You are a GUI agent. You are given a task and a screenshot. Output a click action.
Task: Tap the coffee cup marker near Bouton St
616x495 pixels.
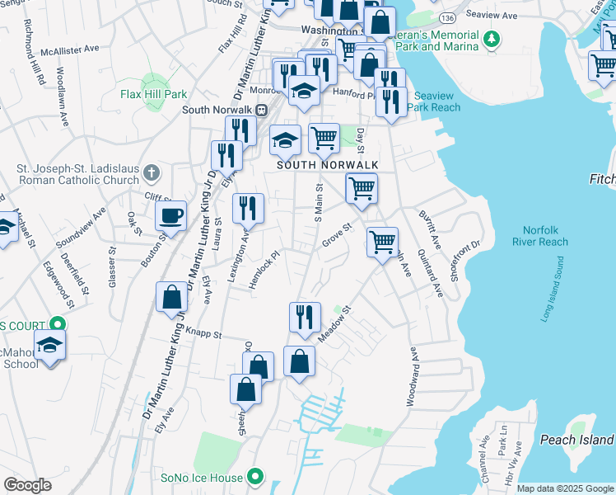coord(171,216)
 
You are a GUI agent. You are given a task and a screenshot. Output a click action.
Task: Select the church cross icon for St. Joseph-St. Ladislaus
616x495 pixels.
coord(150,172)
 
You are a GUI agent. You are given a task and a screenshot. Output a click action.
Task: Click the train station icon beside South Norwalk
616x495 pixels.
coord(261,109)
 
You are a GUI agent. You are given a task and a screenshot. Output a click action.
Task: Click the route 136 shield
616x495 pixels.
coord(447,17)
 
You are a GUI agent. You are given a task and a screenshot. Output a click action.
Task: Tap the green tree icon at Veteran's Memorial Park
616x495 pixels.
coord(491,38)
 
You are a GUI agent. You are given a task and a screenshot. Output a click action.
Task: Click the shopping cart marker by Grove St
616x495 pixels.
coord(382,243)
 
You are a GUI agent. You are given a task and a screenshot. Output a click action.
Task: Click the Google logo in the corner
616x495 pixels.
coord(26,485)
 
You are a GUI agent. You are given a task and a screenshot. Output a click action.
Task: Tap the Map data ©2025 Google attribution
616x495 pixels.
coord(565,488)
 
